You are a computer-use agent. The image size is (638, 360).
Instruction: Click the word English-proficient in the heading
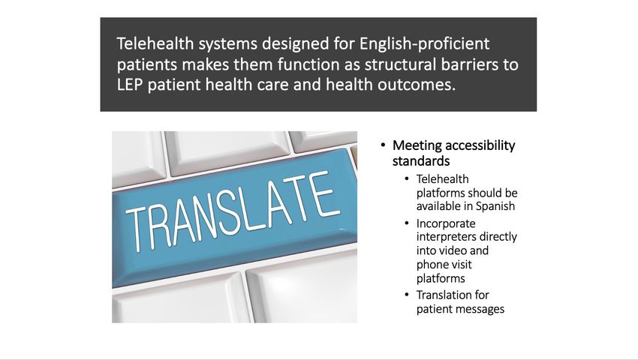click(424, 44)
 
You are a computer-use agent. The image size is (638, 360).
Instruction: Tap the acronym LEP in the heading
click(130, 85)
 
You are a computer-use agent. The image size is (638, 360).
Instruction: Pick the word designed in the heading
click(296, 44)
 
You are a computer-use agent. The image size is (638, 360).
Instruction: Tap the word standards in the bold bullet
click(421, 161)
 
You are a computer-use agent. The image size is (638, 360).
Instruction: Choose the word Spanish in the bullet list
click(495, 207)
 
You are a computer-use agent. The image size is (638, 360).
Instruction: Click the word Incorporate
click(446, 223)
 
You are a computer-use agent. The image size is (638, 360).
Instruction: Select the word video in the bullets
click(451, 250)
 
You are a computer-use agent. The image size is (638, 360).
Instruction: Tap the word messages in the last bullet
click(482, 310)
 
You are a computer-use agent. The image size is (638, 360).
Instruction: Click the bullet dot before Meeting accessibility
click(383, 145)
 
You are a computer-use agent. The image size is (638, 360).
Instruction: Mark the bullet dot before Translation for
click(407, 295)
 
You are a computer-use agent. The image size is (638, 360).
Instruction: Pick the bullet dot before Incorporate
click(407, 223)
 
